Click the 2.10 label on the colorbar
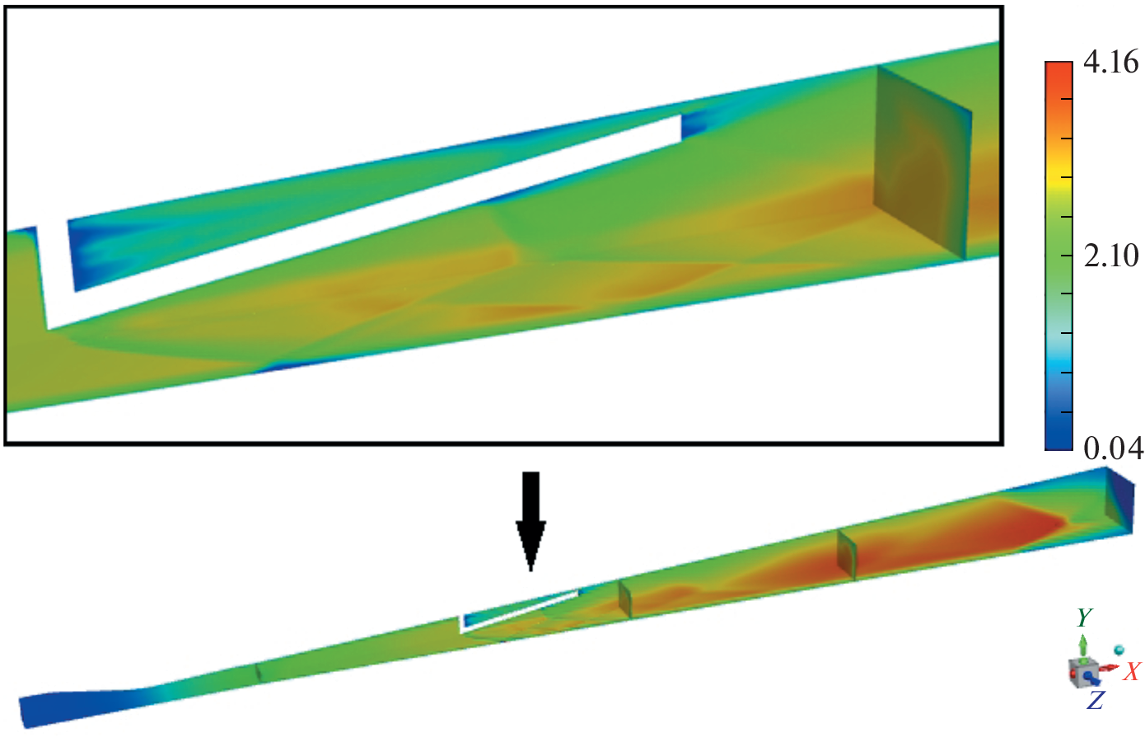click(x=1110, y=256)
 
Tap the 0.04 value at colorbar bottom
click(x=1113, y=449)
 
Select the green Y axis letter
click(x=1084, y=618)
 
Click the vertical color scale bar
click(x=1059, y=256)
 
